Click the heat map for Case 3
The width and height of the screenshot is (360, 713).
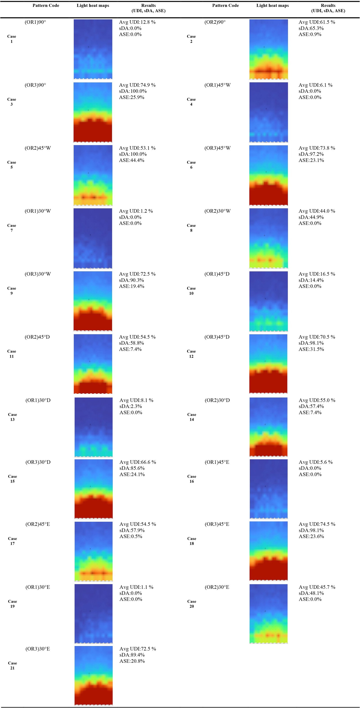pyautogui.click(x=93, y=112)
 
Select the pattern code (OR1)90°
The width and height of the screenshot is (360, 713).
pyautogui.click(x=35, y=22)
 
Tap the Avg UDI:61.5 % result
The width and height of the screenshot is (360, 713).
pyautogui.click(x=317, y=22)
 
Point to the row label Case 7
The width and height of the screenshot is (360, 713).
pyautogui.click(x=12, y=228)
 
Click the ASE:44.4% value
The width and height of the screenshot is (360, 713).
pyautogui.click(x=131, y=160)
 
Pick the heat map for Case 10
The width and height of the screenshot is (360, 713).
pyautogui.click(x=268, y=301)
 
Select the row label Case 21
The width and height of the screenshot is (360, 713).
pyautogui.click(x=12, y=665)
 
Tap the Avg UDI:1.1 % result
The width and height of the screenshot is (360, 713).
pyautogui.click(x=136, y=587)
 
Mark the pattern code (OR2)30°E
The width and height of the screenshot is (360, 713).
pyautogui.click(x=217, y=587)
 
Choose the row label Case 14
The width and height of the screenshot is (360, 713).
pyautogui.click(x=191, y=417)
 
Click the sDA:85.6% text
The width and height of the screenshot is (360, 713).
pyautogui.click(x=132, y=468)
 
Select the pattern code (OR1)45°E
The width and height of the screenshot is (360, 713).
pyautogui.click(x=217, y=462)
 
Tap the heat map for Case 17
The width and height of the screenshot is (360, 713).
pyautogui.click(x=94, y=551)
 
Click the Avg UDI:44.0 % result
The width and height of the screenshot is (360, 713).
pyautogui.click(x=317, y=211)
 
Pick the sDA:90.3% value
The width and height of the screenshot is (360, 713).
pyautogui.click(x=131, y=280)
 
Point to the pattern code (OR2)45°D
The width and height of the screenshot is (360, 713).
pyautogui.click(x=37, y=337)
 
